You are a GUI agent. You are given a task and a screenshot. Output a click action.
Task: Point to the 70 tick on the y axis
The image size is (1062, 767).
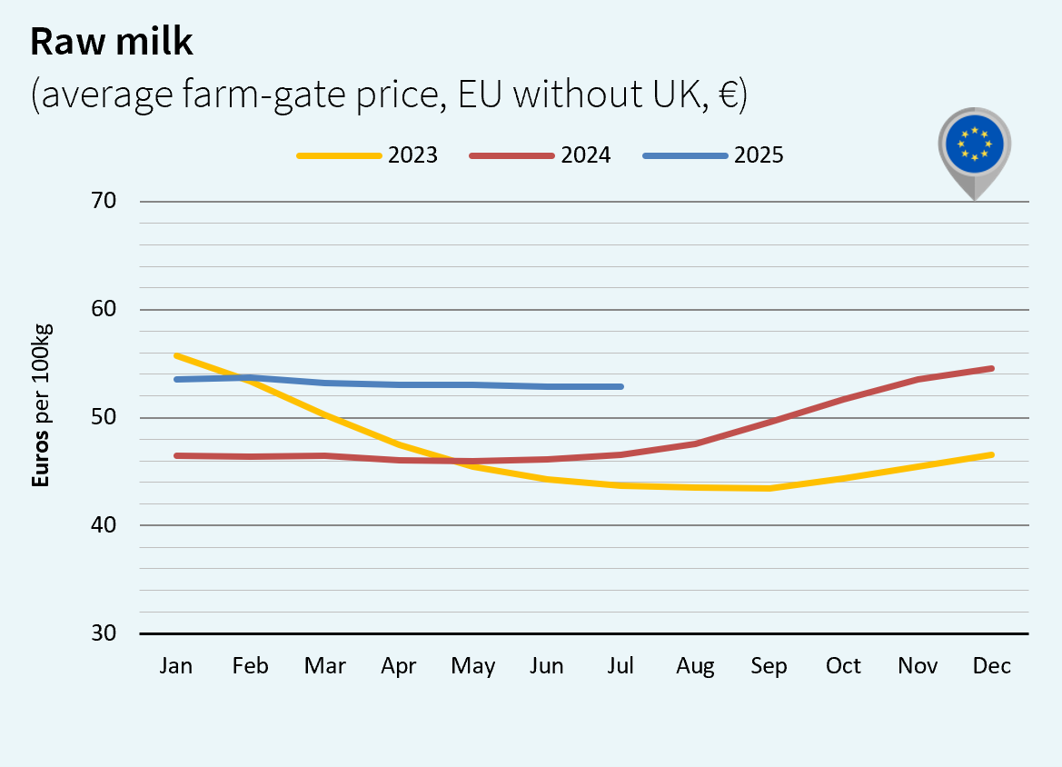coord(105,201)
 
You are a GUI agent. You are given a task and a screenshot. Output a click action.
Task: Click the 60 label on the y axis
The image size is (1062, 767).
coord(105,309)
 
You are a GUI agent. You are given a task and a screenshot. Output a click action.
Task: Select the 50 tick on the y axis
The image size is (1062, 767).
coord(105,417)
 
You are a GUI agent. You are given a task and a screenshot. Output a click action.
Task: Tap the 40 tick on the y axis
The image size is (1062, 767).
coord(105,525)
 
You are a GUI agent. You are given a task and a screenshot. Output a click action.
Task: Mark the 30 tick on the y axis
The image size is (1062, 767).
coord(105,633)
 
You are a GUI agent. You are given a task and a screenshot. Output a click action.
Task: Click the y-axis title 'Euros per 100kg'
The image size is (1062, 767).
coord(41,404)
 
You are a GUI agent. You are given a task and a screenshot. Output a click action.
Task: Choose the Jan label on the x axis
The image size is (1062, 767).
coord(175,666)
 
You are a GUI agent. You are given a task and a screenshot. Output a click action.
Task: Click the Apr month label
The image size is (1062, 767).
coord(399,666)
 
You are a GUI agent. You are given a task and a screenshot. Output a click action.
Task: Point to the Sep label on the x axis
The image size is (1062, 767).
coord(769,666)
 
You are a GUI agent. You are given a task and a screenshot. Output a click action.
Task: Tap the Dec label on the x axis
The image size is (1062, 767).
coord(991,666)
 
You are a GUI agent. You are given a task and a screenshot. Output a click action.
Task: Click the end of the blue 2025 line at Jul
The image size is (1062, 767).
coord(621,386)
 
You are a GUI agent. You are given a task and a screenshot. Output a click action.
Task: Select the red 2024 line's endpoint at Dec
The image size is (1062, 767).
coord(991,368)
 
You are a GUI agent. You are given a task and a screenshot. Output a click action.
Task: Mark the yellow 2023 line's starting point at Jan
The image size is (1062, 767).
coord(175,355)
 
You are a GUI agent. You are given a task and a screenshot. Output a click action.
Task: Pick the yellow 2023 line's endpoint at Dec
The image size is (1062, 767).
coord(991,454)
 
